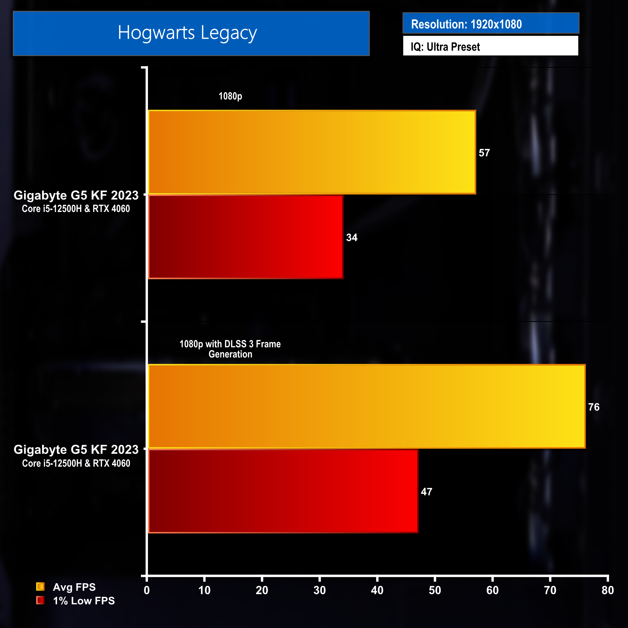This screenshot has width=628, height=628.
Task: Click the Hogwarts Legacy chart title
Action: (x=187, y=33)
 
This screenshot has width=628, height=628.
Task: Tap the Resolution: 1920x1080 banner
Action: (x=466, y=24)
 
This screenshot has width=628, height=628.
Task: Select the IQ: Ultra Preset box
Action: (x=445, y=47)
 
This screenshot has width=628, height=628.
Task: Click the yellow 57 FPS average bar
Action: (x=312, y=152)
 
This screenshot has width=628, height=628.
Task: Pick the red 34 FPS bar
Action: (x=246, y=237)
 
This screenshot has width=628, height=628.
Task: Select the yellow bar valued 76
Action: (x=367, y=406)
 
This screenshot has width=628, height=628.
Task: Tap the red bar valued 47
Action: (x=283, y=491)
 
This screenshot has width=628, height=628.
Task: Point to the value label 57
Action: (x=484, y=153)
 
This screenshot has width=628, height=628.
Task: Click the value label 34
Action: (x=352, y=238)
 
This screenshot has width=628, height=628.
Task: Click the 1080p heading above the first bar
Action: (x=230, y=96)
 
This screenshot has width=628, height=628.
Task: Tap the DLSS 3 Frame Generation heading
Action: (x=230, y=349)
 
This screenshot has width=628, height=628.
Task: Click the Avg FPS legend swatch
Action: (x=40, y=586)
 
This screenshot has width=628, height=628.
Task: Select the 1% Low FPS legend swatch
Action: (x=40, y=600)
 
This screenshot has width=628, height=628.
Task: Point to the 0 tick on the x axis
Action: (x=147, y=590)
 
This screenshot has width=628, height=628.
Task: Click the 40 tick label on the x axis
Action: (x=377, y=590)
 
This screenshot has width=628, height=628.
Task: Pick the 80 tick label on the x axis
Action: (x=608, y=590)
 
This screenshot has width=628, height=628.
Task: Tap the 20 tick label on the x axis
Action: (x=262, y=590)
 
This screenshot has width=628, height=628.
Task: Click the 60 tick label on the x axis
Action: (x=493, y=590)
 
